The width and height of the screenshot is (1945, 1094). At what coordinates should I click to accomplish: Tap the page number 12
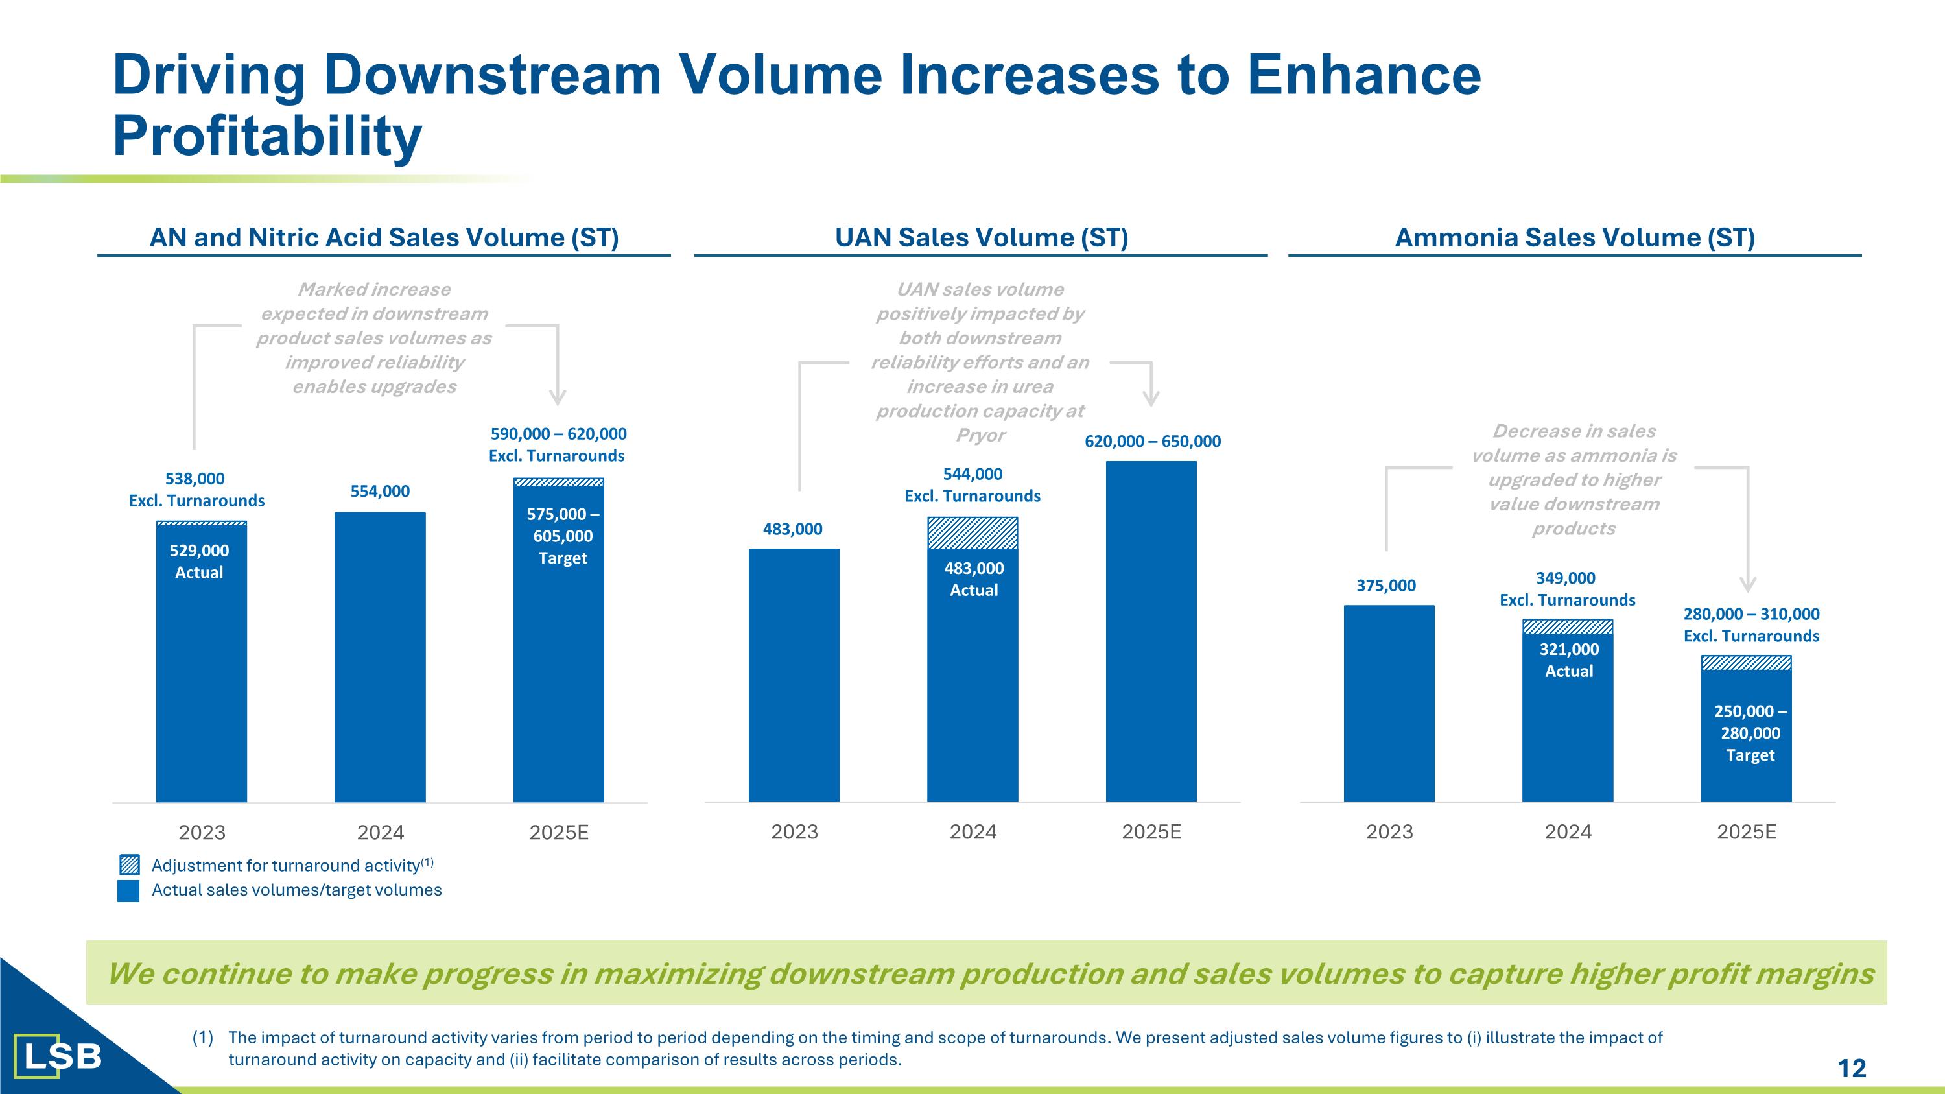[x=1852, y=1067]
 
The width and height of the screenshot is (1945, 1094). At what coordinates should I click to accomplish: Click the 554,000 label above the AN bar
[x=380, y=492]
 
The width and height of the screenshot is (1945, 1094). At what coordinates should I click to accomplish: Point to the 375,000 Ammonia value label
[x=1385, y=585]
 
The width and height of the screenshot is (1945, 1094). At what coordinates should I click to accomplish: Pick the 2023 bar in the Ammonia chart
[x=1389, y=702]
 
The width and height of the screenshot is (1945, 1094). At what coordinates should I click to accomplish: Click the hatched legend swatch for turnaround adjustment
[x=129, y=865]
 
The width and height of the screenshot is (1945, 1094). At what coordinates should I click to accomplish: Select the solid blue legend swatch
[x=129, y=891]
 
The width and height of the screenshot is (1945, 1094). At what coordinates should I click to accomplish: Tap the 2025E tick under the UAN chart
[x=1151, y=832]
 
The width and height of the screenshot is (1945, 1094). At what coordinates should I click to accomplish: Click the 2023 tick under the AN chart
[x=202, y=833]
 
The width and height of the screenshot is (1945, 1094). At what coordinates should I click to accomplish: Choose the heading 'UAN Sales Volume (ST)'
[x=981, y=238]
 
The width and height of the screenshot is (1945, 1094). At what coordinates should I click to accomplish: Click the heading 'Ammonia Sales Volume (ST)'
[x=1574, y=238]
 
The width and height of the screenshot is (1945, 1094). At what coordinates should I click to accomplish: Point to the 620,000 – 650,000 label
[x=1152, y=442]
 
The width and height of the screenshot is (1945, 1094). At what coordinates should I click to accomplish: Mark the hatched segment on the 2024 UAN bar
[x=972, y=533]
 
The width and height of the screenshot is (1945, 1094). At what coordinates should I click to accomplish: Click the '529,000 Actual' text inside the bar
[x=199, y=562]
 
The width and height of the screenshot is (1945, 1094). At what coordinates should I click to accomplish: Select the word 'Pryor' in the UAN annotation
[x=980, y=436]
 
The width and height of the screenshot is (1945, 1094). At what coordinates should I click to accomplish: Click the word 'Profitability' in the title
[x=266, y=137]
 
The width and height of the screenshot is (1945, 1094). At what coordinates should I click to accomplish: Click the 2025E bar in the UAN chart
[x=1151, y=630]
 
